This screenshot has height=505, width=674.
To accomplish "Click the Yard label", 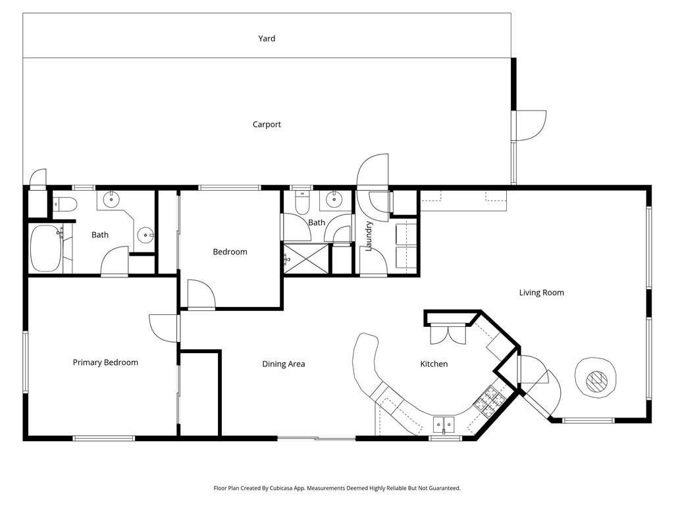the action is pyautogui.click(x=267, y=39).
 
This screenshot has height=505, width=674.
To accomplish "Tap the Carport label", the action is pyautogui.click(x=267, y=124).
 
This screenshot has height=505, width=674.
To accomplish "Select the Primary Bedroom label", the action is pyautogui.click(x=105, y=362).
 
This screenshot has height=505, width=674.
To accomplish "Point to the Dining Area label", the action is pyautogui.click(x=283, y=364).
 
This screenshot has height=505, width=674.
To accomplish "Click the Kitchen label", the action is pyautogui.click(x=434, y=364).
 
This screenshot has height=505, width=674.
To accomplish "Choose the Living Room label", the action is pyautogui.click(x=541, y=293).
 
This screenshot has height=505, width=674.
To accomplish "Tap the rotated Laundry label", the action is pyautogui.click(x=369, y=236).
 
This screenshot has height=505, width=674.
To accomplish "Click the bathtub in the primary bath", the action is pyautogui.click(x=45, y=249).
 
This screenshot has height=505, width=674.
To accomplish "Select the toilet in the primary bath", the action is pyautogui.click(x=65, y=204).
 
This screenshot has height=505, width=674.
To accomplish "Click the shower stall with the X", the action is pyautogui.click(x=305, y=258).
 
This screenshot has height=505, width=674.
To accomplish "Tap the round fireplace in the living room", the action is pyautogui.click(x=596, y=377).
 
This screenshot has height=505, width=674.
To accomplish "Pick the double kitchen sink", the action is pyautogui.click(x=443, y=425).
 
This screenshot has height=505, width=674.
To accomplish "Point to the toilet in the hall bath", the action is pyautogui.click(x=302, y=203).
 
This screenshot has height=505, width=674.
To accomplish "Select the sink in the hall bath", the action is pyautogui.click(x=334, y=200).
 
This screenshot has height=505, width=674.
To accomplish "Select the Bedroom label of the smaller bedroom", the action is pyautogui.click(x=230, y=252).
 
